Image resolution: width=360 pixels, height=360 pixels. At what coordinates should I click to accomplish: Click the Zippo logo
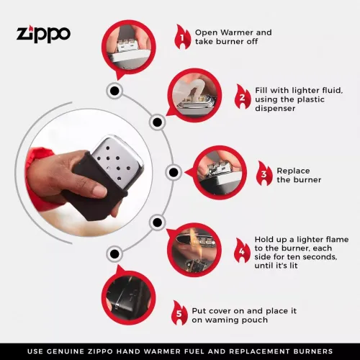point(43,33)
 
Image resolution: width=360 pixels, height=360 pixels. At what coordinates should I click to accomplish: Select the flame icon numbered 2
point(243,97)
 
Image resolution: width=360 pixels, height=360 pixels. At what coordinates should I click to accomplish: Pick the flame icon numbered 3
point(264,174)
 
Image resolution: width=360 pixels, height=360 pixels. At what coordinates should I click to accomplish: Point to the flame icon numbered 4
point(243,252)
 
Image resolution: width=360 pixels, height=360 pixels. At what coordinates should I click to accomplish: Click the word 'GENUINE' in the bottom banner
point(80,351)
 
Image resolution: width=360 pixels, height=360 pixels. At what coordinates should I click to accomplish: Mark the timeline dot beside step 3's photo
point(173,173)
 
